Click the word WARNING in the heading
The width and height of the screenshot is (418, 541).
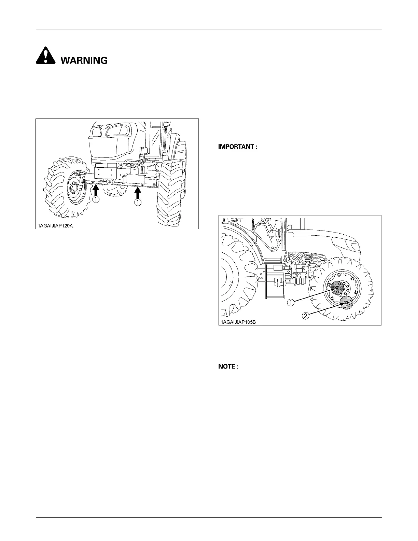click(84, 60)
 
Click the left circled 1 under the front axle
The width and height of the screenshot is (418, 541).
click(96, 200)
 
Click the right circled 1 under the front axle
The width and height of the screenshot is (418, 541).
click(138, 203)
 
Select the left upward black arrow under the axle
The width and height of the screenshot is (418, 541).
click(96, 190)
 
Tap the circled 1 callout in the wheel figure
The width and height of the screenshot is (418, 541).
click(291, 302)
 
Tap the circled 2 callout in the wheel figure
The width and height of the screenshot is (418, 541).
click(306, 316)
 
